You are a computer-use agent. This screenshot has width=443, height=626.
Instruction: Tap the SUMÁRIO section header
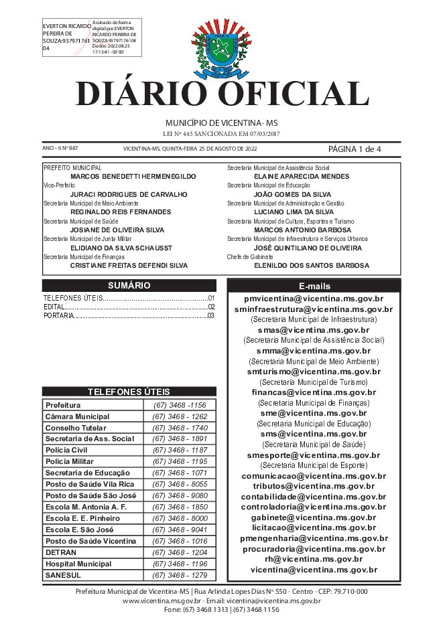tap(129, 285)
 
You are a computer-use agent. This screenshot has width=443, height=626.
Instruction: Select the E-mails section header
tap(314, 286)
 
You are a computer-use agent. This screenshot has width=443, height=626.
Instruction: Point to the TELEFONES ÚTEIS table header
tap(129, 392)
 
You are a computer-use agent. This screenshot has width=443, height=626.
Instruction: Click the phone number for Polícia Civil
tap(179, 450)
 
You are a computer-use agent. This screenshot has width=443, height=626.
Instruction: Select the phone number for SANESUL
tap(179, 575)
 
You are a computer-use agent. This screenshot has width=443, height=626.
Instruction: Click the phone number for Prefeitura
tap(179, 405)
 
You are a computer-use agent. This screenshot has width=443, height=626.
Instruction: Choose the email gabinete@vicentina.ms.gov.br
tap(314, 518)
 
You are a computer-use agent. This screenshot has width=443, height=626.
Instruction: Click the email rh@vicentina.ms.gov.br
tap(314, 558)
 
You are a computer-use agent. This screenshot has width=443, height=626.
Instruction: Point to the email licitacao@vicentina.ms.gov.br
tap(314, 528)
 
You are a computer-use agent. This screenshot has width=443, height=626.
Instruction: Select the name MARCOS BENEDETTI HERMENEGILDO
tap(133, 176)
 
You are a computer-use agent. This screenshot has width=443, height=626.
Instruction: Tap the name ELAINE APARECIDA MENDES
tap(302, 176)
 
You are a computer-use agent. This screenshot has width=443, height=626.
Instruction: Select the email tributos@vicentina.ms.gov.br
tap(314, 486)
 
